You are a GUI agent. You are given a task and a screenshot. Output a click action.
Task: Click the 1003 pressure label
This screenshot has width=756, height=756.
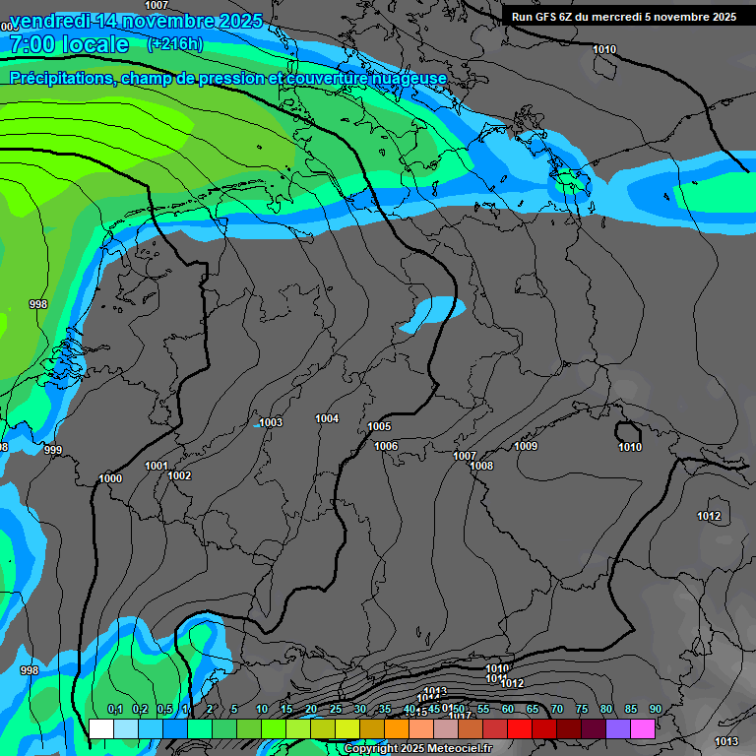tap(271, 422)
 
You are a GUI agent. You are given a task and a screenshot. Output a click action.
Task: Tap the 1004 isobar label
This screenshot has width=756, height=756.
tap(327, 418)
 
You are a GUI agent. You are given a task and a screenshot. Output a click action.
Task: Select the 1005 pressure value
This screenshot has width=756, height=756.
tap(379, 426)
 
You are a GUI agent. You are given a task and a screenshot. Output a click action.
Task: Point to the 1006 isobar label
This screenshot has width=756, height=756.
tap(386, 446)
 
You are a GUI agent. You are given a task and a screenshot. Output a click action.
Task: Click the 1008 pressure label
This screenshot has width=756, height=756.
tap(481, 466)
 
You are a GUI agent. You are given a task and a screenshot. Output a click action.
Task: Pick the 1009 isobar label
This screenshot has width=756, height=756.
tap(526, 446)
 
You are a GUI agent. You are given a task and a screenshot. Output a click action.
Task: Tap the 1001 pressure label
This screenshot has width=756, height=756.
tap(157, 466)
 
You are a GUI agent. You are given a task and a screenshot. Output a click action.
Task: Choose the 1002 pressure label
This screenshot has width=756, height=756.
tap(179, 475)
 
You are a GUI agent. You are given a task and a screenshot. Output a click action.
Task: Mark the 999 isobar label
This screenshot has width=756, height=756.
tap(53, 450)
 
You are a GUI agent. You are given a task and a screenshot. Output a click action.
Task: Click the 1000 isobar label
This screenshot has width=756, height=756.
tap(110, 478)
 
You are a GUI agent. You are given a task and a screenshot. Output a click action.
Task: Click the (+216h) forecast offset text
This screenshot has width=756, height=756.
tap(175, 44)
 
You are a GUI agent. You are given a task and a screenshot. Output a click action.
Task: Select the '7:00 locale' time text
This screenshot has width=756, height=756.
tap(69, 44)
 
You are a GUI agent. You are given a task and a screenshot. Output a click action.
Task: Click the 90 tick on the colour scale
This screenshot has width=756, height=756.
tap(655, 709)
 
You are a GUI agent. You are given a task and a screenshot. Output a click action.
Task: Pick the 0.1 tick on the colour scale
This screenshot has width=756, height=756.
tap(114, 709)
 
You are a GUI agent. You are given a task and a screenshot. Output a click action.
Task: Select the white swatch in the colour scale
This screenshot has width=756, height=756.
tap(101, 728)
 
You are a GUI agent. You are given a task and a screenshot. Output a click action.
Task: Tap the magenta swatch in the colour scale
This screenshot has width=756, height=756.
tap(643, 728)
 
